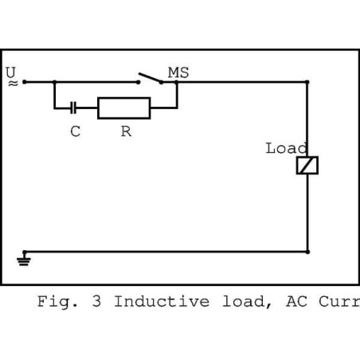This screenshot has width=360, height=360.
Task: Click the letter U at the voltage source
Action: (x=11, y=72)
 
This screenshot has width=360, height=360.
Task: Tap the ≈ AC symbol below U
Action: (x=11, y=82)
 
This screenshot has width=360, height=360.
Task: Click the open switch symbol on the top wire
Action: (x=149, y=78)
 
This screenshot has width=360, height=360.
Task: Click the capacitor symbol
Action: (x=74, y=107)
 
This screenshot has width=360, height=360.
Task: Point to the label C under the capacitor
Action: (x=75, y=132)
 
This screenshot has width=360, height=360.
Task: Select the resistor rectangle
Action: (x=123, y=107)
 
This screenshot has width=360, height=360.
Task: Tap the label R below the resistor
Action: (x=126, y=132)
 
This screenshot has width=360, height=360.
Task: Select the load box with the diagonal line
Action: (x=307, y=165)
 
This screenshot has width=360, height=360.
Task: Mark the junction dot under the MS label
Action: (x=176, y=81)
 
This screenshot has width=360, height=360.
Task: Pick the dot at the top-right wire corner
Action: (x=308, y=81)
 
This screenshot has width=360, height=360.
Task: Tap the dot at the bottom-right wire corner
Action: (x=308, y=251)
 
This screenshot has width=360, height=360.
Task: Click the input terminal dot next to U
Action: (x=25, y=81)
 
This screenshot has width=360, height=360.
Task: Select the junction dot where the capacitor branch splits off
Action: (x=54, y=81)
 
